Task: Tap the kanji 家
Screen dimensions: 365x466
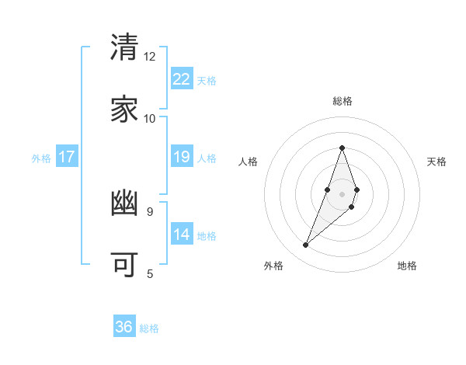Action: click(125, 109)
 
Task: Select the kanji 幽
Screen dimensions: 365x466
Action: click(125, 203)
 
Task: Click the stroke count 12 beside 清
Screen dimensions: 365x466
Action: click(150, 57)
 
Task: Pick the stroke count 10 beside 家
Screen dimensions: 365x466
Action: click(150, 118)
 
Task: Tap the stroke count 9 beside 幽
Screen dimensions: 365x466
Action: click(150, 211)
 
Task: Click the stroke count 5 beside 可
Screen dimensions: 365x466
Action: click(150, 273)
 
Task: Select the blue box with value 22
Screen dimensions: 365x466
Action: click(182, 79)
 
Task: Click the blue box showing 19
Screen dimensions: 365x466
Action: click(182, 157)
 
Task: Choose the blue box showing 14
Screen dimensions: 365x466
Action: click(182, 235)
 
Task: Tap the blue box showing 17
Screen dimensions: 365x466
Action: click(67, 157)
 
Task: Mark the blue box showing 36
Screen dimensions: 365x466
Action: click(124, 327)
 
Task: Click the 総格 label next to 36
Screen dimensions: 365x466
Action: click(149, 328)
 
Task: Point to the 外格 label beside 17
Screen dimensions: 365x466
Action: click(41, 158)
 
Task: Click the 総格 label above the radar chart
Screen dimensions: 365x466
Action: click(342, 101)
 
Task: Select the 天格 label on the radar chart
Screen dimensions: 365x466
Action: click(436, 162)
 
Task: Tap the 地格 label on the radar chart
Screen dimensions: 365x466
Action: click(407, 266)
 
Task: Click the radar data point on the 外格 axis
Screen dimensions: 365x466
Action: click(305, 245)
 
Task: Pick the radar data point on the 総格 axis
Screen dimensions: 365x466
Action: click(342, 148)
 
